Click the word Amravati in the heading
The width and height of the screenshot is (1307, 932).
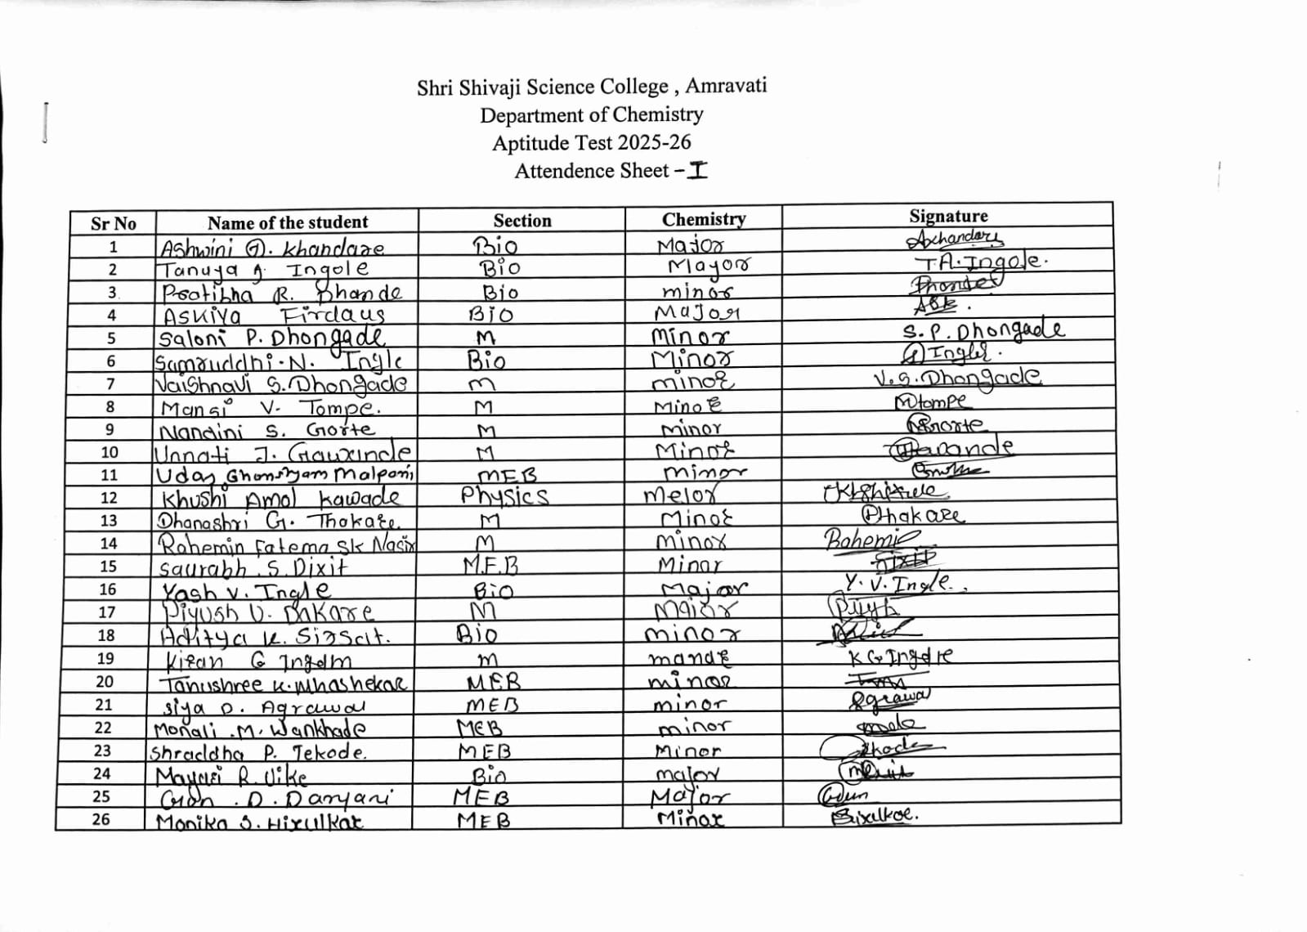pyautogui.click(x=726, y=86)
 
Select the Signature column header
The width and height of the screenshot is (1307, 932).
pyautogui.click(x=948, y=216)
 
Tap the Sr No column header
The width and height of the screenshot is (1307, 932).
pyautogui.click(x=113, y=223)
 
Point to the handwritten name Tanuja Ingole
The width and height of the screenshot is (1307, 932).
pyautogui.click(x=263, y=270)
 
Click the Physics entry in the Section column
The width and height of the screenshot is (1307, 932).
pyautogui.click(x=504, y=496)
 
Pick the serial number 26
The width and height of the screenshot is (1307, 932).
pyautogui.click(x=101, y=819)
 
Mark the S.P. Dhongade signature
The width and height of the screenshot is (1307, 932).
pyautogui.click(x=982, y=330)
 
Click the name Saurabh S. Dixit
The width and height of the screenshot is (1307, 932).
pyautogui.click(x=253, y=567)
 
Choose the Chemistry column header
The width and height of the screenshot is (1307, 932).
pyautogui.click(x=704, y=219)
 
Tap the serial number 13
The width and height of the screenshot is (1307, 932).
pyautogui.click(x=109, y=521)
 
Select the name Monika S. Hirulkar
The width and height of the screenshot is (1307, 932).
pyautogui.click(x=260, y=822)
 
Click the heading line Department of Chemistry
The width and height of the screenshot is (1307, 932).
pyautogui.click(x=591, y=115)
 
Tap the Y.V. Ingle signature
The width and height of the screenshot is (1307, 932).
pyautogui.click(x=897, y=584)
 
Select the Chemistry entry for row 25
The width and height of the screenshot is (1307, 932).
pyautogui.click(x=690, y=796)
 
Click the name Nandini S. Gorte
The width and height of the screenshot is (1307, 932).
pyautogui.click(x=266, y=430)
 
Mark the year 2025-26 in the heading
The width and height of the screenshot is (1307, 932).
pyautogui.click(x=654, y=143)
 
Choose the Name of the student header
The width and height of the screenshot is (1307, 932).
pyautogui.click(x=287, y=222)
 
